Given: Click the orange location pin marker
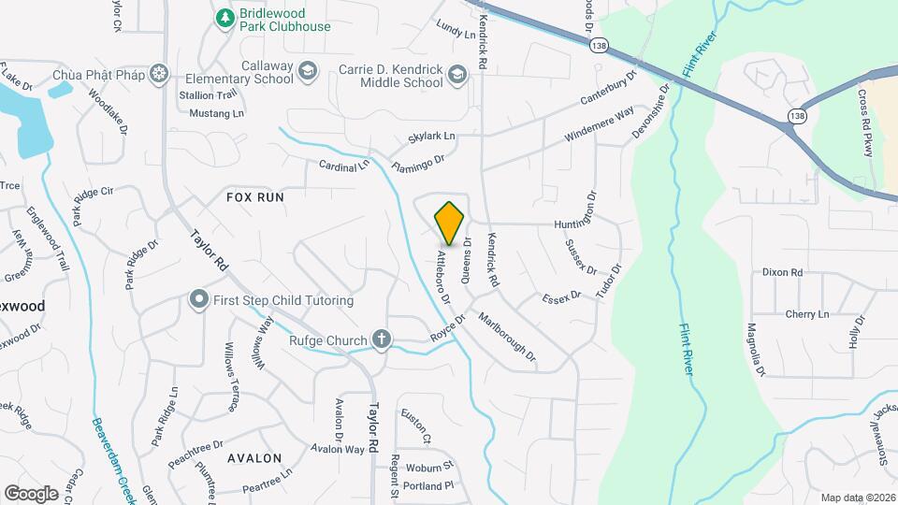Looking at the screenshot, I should (450, 224).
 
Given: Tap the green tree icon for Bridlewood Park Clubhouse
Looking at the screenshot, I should (224, 18).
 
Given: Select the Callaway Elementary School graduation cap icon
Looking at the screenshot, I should (307, 71).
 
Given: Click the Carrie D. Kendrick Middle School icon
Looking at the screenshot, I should (456, 74).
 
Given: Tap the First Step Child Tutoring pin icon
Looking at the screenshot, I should (198, 300).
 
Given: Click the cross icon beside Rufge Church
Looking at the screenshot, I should (381, 339).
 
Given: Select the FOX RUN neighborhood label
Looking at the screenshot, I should (254, 197).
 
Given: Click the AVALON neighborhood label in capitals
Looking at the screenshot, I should (254, 458).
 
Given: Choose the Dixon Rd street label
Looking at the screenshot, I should (783, 272).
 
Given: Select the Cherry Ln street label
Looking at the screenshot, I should (807, 314).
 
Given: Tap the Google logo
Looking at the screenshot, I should (31, 494).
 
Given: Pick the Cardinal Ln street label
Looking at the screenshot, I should (344, 166).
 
